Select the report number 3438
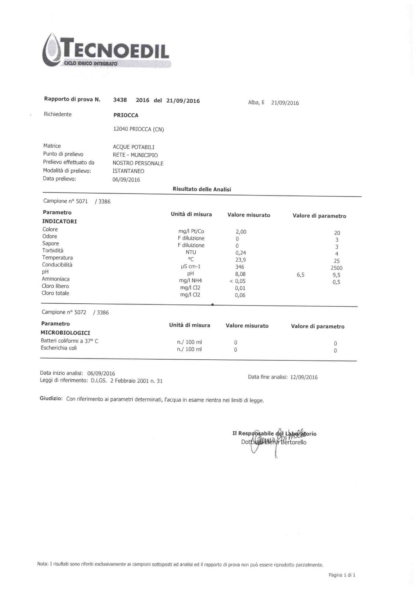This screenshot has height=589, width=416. tap(120, 100)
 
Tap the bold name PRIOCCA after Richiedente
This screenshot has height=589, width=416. tap(126, 115)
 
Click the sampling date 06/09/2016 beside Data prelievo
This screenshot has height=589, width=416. tap(126, 180)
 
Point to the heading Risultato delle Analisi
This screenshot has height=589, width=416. tap(202, 189)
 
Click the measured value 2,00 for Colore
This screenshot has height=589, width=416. tap(241, 232)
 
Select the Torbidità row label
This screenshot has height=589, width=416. tap(53, 250)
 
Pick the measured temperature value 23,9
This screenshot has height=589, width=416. tap(241, 260)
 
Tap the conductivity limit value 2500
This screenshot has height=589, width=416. tap(337, 268)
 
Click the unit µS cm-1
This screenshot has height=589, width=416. tap(191, 267)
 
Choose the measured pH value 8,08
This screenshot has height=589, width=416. tap(240, 274)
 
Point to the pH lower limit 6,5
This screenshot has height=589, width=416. tap(301, 275)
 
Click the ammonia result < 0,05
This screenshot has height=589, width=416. tap(237, 281)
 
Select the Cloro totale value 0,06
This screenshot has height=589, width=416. tap(240, 295)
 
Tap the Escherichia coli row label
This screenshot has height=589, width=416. tap(59, 348)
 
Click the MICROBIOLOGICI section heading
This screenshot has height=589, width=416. tap(65, 333)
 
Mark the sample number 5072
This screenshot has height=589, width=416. tap(80, 312)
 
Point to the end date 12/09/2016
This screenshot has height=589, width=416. tap(304, 377)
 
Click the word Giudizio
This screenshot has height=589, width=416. tap(51, 399)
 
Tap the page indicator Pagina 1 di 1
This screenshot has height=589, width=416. tap(342, 575)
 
